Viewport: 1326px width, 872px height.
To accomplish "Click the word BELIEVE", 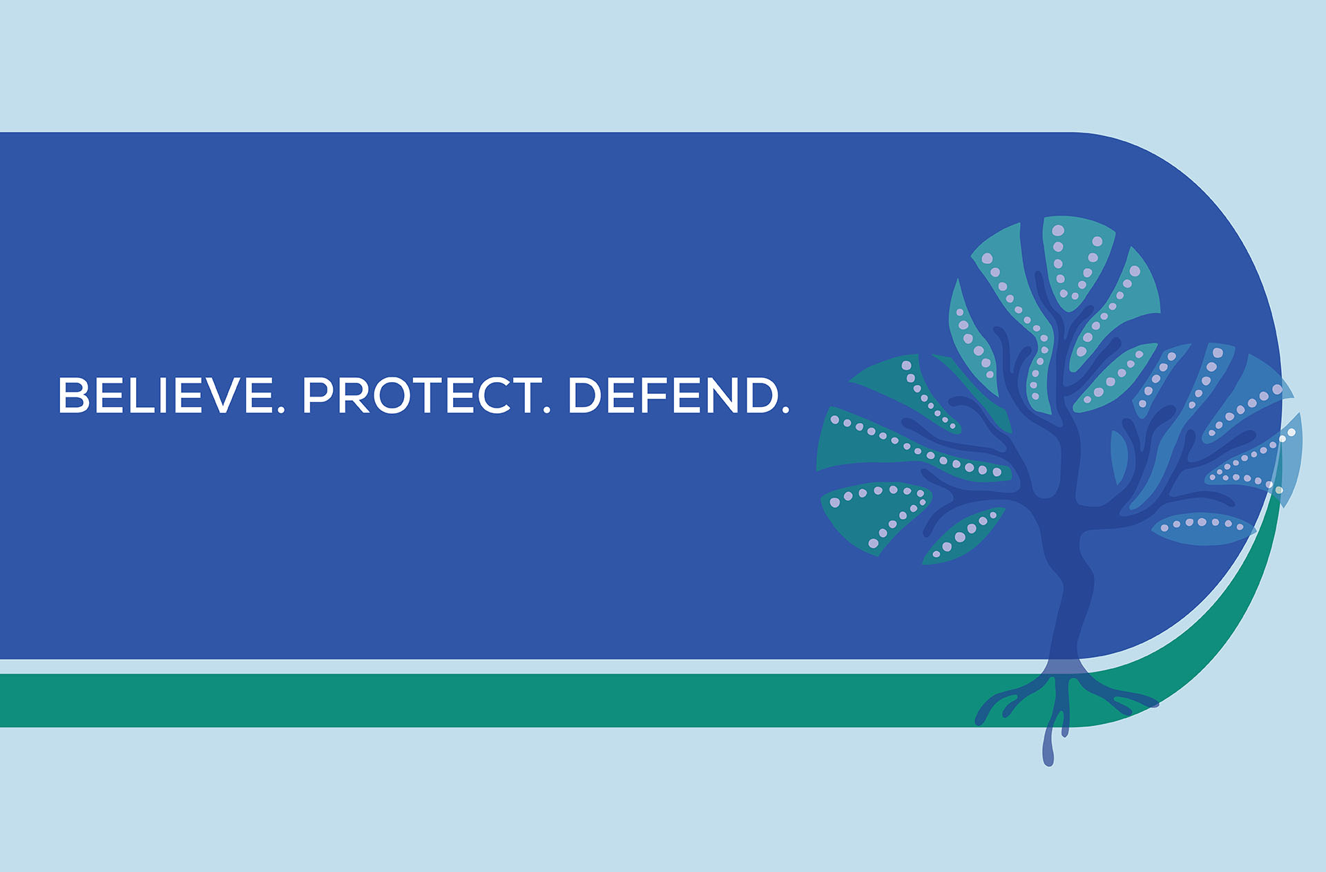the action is click(166, 395).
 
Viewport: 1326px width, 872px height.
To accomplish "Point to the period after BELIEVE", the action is click(281, 410).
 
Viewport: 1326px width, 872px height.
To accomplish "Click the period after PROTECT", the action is click(546, 410).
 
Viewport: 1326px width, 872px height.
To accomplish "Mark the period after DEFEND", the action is click(785, 410).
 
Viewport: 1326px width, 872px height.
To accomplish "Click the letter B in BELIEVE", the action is click(74, 395).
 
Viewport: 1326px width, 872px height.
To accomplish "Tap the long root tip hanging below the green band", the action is click(1048, 746).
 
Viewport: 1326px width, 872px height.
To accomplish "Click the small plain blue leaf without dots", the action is click(1119, 456).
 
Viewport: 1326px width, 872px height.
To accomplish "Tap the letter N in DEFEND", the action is click(718, 395).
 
